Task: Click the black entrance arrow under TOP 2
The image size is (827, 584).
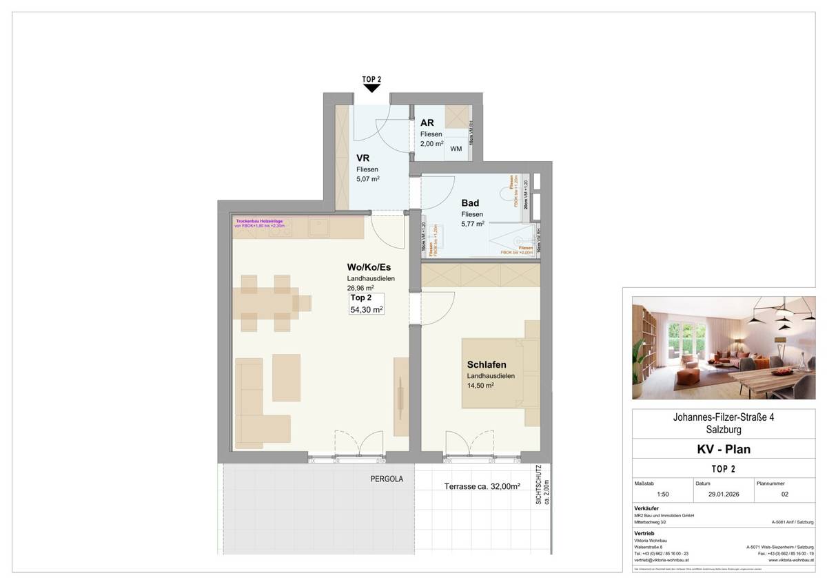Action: pyautogui.click(x=371, y=87)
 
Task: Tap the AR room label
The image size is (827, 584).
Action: pyautogui.click(x=427, y=123)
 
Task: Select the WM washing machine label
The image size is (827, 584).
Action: pyautogui.click(x=456, y=149)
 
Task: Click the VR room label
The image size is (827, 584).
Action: pyautogui.click(x=363, y=157)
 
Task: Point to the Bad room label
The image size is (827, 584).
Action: pyautogui.click(x=470, y=203)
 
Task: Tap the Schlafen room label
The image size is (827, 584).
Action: pyautogui.click(x=487, y=364)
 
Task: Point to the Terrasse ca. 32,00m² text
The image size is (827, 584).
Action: pyautogui.click(x=482, y=486)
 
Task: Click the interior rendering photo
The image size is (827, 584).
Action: pyautogui.click(x=723, y=348)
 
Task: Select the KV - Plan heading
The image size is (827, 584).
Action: pyautogui.click(x=723, y=450)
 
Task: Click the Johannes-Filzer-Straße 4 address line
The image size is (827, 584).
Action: pyautogui.click(x=723, y=417)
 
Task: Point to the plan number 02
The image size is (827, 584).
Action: pyautogui.click(x=784, y=494)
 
